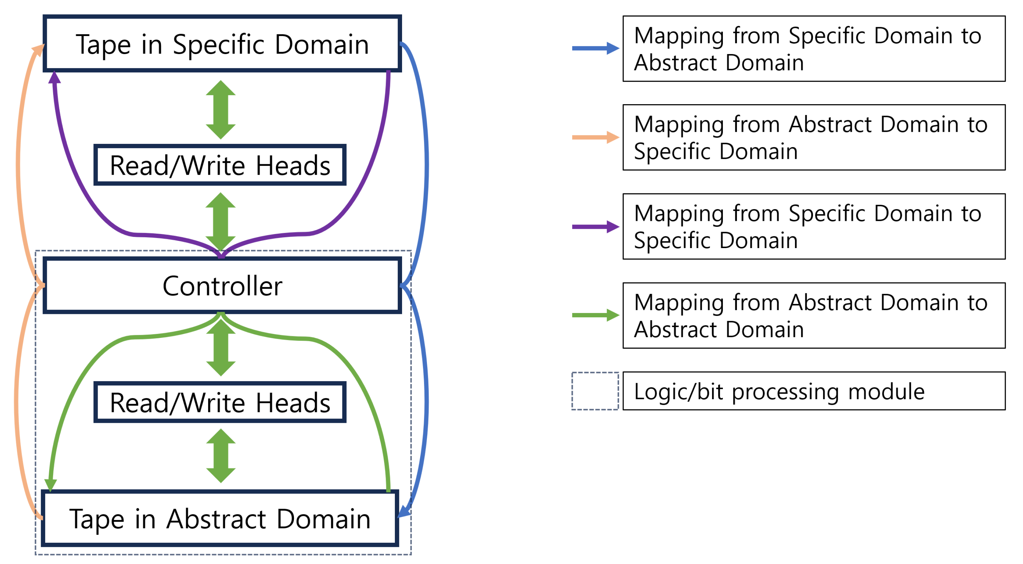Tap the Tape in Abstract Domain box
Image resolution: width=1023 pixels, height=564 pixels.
point(220,518)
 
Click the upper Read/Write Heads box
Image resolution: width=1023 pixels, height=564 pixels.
point(220,165)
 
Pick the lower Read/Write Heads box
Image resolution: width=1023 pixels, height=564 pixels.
point(220,402)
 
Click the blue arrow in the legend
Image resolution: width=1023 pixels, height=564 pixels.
point(594,49)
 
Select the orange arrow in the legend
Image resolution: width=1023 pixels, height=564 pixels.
point(594,137)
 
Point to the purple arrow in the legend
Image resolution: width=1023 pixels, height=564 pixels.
point(594,227)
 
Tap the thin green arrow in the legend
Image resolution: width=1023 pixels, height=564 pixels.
point(594,315)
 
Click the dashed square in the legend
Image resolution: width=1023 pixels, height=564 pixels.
point(594,391)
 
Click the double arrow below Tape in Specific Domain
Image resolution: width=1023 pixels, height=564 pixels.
point(221,110)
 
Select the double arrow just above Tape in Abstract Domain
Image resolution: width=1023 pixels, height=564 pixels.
point(221,456)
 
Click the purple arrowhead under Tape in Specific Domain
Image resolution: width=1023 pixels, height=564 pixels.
point(54,78)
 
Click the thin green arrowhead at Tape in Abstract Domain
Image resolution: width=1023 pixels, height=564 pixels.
point(50,485)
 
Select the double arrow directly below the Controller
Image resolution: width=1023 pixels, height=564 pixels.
point(221,347)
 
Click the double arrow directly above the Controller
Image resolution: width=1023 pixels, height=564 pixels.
point(221,222)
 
